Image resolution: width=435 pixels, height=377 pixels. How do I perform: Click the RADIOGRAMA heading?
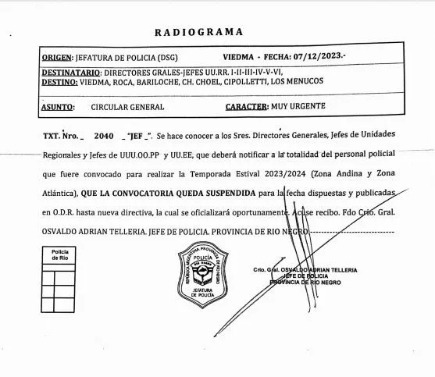point(198,32)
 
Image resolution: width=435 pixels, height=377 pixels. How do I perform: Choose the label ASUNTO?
point(58,106)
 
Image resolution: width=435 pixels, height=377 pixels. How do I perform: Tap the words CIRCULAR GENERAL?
point(127,106)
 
